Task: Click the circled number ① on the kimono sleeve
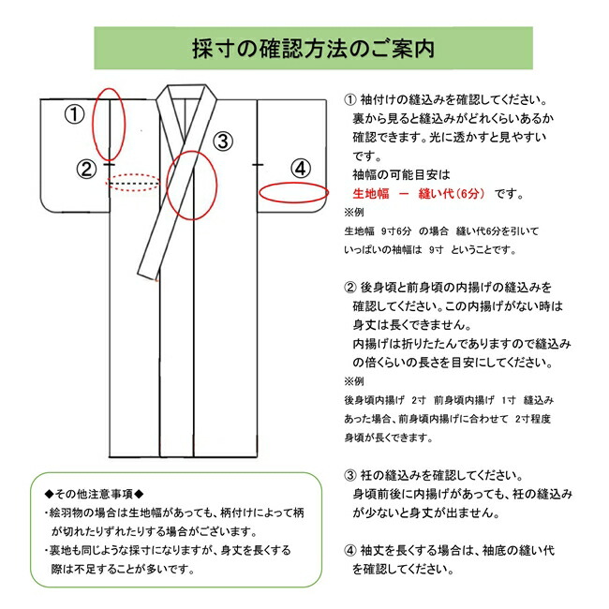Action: pyautogui.click(x=74, y=115)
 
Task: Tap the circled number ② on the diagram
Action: pyautogui.click(x=86, y=169)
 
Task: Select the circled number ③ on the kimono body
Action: pyautogui.click(x=222, y=141)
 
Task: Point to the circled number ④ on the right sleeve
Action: pyautogui.click(x=300, y=169)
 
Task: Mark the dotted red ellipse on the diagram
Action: pyautogui.click(x=133, y=183)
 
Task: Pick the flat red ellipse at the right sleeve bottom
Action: pyautogui.click(x=293, y=192)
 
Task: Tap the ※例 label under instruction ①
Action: pyautogui.click(x=352, y=212)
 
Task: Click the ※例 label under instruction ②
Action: pyautogui.click(x=352, y=381)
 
